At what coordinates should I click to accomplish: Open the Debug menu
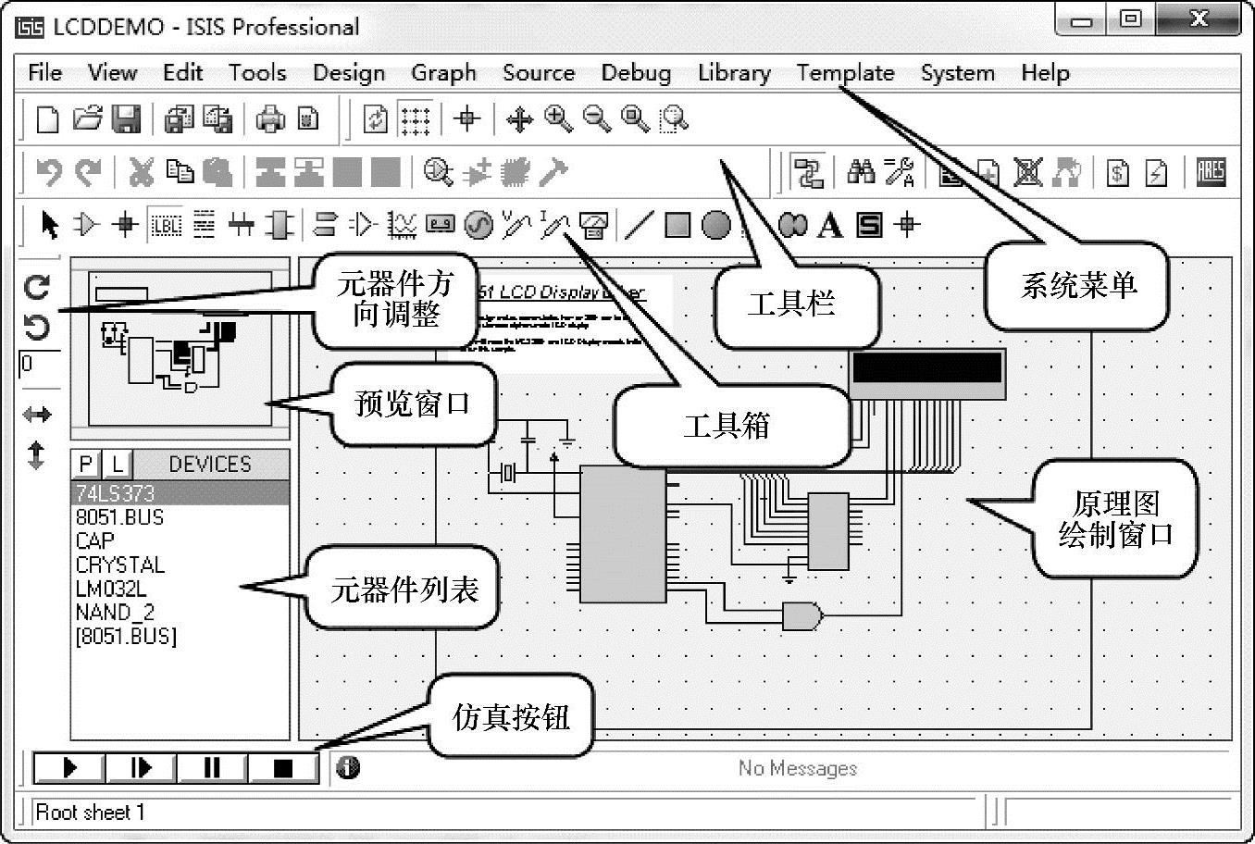point(636,73)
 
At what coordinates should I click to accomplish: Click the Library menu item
point(734,73)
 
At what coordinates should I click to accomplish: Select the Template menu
point(845,73)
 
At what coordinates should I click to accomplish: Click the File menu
point(45,73)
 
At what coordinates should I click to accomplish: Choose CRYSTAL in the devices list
point(120,565)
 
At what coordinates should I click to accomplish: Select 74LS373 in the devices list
point(116,493)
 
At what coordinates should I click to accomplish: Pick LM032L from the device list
point(111,589)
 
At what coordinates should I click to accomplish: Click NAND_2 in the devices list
point(116,613)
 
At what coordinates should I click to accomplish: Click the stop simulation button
point(283,768)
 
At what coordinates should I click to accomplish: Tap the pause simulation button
point(212,768)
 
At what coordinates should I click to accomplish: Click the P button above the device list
point(86,464)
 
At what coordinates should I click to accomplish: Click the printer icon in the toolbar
point(270,118)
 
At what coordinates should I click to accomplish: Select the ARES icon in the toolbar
point(1211,172)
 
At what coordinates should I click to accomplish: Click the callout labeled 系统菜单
point(1077,286)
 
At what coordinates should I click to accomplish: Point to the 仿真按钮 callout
point(511,717)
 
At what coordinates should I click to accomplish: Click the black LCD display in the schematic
point(927,368)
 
